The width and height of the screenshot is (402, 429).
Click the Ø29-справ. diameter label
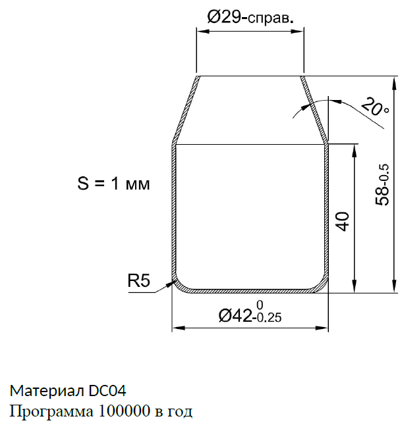250,17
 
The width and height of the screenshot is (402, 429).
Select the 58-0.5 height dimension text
382,184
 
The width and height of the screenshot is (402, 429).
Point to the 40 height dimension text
343,222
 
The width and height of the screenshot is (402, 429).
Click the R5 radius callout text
139,280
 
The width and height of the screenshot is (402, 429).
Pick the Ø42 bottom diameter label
235,315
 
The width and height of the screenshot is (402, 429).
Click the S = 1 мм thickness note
114,184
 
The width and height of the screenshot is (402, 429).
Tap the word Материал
47,391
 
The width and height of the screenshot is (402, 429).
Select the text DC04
107,391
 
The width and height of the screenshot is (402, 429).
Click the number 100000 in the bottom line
124,411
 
